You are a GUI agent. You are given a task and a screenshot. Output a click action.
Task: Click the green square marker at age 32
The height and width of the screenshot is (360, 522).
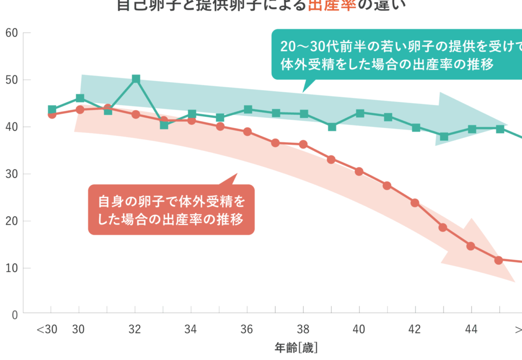tap(136, 79)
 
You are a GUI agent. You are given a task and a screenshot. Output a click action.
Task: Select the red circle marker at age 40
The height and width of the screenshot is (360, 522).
tap(359, 171)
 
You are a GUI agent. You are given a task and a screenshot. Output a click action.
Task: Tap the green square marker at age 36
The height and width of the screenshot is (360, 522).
tap(248, 109)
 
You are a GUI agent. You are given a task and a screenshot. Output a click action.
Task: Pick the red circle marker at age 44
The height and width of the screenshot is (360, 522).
tap(471, 246)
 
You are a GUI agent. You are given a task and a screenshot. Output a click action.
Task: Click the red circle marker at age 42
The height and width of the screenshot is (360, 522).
tap(415, 203)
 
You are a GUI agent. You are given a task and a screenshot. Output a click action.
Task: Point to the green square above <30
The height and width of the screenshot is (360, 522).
tap(52, 110)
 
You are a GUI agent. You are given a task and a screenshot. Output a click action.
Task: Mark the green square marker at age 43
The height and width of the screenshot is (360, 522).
tap(443, 136)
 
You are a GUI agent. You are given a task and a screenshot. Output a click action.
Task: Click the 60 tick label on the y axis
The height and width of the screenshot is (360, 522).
tap(11, 33)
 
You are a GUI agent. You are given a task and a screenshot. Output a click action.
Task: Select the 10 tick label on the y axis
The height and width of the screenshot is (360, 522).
tap(11, 268)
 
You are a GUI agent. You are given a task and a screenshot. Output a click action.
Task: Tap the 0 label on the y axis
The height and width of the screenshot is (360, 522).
tap(14, 315)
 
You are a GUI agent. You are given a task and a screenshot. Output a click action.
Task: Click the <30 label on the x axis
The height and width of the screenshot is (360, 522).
tap(47, 329)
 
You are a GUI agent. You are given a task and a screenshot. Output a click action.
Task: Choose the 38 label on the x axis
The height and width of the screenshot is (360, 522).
tap(303, 329)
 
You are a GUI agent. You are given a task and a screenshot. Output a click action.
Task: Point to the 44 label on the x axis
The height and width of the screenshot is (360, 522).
tap(471, 329)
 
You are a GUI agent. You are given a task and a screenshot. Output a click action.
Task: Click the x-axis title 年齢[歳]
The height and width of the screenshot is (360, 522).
tap(296, 348)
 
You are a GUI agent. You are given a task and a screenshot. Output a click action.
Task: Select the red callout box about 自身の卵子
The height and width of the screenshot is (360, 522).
tap(171, 210)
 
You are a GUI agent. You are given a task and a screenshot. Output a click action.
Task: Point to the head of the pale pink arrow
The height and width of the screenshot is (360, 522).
tap(484, 255)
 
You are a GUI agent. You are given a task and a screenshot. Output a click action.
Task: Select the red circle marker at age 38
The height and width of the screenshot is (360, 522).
tap(303, 145)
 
